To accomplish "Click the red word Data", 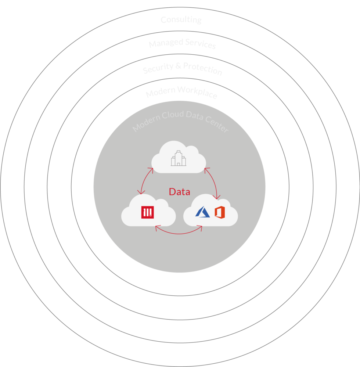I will pos(179,192).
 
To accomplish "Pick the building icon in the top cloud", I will pos(179,158).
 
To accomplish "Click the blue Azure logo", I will pos(202,212).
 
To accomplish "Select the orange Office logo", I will pos(219,212).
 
